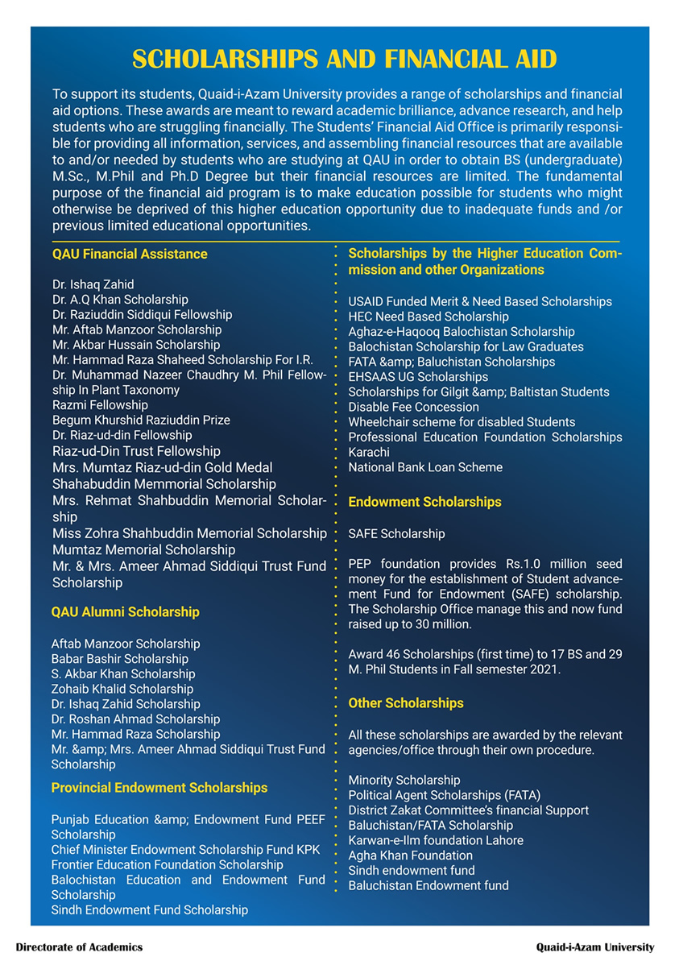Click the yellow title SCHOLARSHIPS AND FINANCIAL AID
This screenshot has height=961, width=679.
click(x=344, y=60)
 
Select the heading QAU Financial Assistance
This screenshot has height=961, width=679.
click(x=130, y=255)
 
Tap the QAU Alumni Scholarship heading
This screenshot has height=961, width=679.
click(x=125, y=612)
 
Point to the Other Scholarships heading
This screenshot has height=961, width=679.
click(x=406, y=703)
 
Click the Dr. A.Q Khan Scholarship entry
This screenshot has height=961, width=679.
click(x=120, y=300)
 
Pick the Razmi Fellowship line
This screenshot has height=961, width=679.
click(x=100, y=405)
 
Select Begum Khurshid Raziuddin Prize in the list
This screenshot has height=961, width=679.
click(x=141, y=420)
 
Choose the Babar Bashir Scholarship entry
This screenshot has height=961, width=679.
click(x=119, y=659)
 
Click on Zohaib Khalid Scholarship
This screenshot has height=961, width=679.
click(x=122, y=689)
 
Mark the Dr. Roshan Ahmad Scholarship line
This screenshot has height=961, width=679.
click(x=135, y=719)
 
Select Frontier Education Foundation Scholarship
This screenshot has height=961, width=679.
click(x=168, y=864)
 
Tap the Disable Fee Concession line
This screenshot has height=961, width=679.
click(x=414, y=407)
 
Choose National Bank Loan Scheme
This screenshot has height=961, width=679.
click(x=425, y=467)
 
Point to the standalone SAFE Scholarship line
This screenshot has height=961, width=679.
click(x=396, y=533)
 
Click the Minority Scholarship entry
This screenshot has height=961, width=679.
click(x=404, y=780)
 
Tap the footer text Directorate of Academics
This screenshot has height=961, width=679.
click(x=79, y=947)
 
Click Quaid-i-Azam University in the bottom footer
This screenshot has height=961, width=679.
click(x=596, y=947)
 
